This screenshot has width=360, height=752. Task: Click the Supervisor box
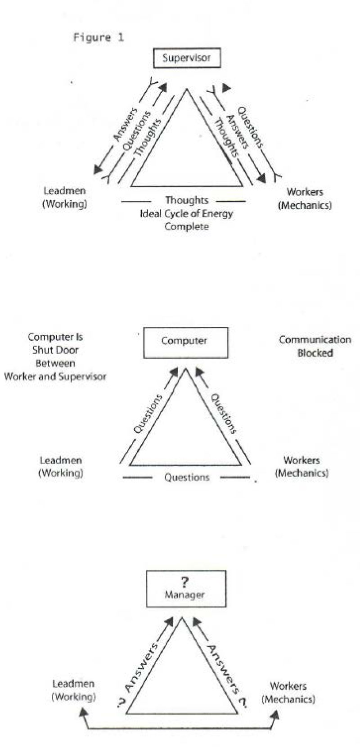pos(187,58)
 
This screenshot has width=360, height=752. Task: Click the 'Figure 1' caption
pos(98,37)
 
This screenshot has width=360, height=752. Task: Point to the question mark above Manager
pos(184,581)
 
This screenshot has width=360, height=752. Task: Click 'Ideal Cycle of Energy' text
pos(186,213)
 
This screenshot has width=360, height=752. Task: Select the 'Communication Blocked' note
pos(315,346)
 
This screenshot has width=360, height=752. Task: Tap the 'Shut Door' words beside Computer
pos(55,350)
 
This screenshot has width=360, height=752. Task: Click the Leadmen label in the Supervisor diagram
pos(64,197)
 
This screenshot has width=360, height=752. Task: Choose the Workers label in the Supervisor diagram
pos(305,198)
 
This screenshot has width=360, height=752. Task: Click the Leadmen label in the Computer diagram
pos(61,466)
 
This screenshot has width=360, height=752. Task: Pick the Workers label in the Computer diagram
pos(301,466)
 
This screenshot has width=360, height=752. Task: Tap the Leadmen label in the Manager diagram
pos(73,690)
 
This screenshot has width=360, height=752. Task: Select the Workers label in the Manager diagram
pos(288,692)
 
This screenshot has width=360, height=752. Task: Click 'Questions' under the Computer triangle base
pos(186,477)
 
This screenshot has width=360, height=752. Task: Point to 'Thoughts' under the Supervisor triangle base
pos(186,200)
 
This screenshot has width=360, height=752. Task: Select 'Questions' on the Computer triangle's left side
pos(148,414)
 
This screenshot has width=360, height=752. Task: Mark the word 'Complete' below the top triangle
pos(186,226)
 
